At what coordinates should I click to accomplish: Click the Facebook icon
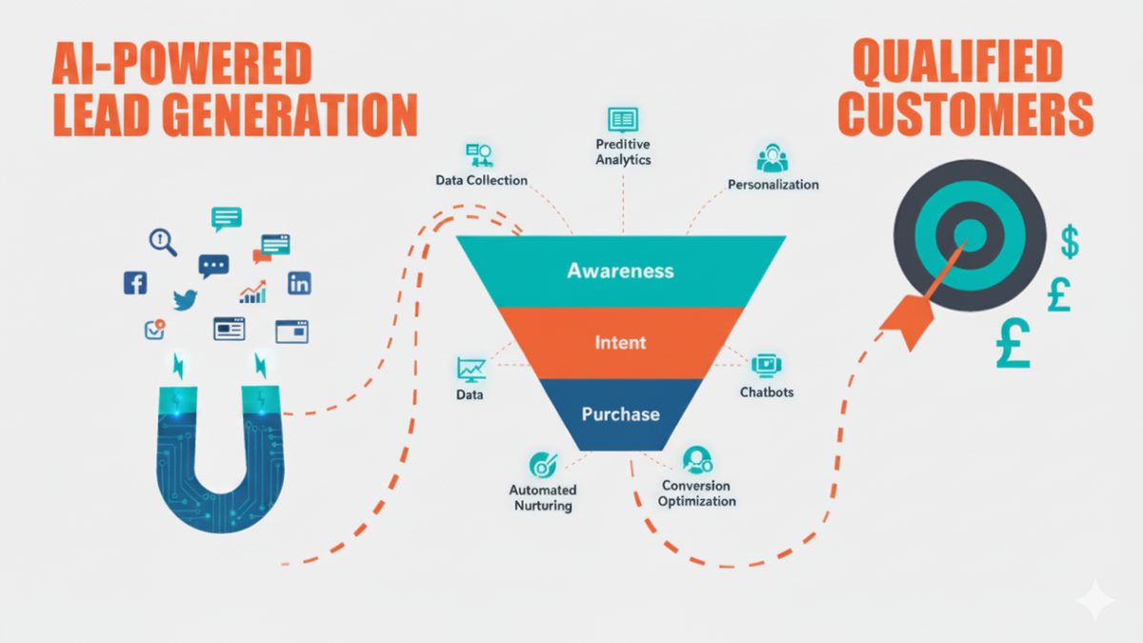(x=135, y=283)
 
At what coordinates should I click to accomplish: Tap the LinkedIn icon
(x=299, y=283)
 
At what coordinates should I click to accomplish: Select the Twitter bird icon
(x=185, y=299)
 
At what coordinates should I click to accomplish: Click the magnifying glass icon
(x=163, y=242)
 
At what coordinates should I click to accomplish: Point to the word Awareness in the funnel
(x=620, y=271)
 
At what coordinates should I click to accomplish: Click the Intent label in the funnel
(x=620, y=342)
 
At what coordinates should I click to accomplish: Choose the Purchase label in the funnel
(x=620, y=413)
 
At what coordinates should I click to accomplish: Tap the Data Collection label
(x=481, y=180)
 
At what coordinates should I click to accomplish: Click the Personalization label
(x=773, y=184)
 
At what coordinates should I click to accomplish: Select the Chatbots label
(x=767, y=392)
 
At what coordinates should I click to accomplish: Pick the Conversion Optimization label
(x=696, y=493)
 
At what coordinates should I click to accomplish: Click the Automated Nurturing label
(x=543, y=497)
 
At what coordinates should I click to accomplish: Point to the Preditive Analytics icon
(x=623, y=120)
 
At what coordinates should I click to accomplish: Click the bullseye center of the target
(x=970, y=235)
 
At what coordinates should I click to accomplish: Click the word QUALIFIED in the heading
(x=958, y=63)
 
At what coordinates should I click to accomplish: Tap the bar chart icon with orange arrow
(x=253, y=291)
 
